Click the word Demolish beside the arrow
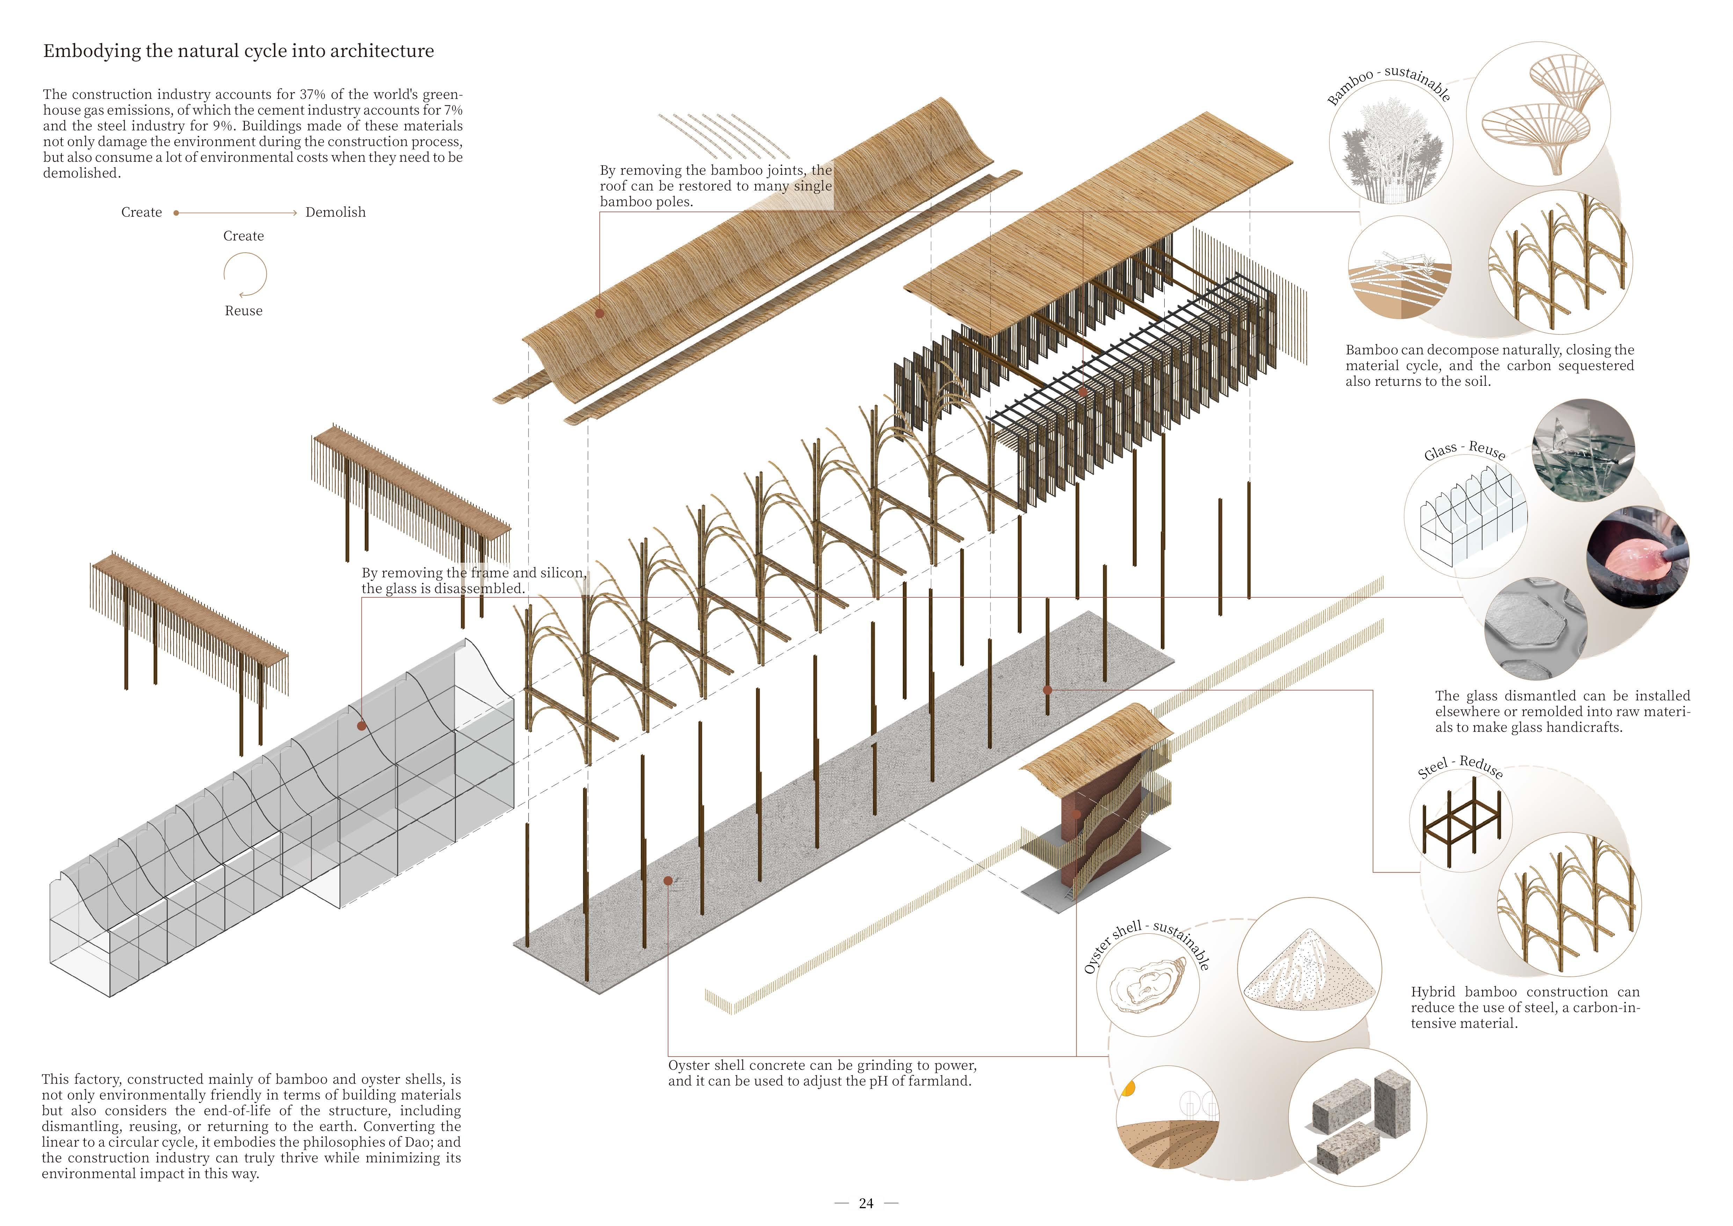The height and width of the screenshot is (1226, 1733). (335, 212)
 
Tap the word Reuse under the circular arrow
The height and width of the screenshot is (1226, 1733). (243, 311)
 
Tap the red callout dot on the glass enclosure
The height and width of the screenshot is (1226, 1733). (362, 726)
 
